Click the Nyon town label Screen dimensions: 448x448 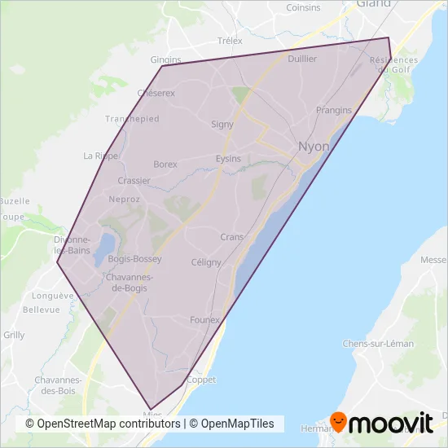314,147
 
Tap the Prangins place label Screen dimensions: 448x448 333,110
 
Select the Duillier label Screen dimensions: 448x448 301,59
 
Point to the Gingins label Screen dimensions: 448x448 165,59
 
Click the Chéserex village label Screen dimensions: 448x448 156,93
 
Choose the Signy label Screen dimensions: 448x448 222,125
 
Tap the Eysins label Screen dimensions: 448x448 228,159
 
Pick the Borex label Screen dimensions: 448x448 165,164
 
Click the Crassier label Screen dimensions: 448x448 134,181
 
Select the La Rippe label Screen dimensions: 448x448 101,156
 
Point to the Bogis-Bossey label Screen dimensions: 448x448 134,259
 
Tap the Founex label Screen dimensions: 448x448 204,320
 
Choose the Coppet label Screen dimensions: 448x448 201,380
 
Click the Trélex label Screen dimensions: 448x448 231,41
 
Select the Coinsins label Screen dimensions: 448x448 302,7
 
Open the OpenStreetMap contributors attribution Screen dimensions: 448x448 102,424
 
